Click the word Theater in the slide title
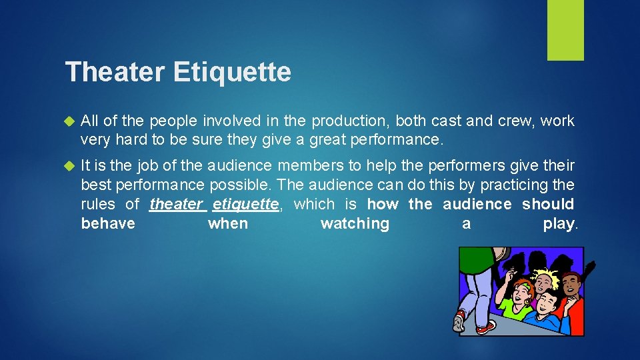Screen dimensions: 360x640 click(x=116, y=72)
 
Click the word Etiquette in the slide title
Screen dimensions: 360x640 click(x=232, y=72)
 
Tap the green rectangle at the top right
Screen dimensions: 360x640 click(x=565, y=30)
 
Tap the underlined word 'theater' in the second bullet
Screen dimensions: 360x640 click(x=175, y=205)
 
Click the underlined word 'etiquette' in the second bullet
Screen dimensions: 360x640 click(x=245, y=205)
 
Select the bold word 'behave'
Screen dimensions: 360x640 click(x=108, y=224)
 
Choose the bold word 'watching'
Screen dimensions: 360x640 click(x=355, y=224)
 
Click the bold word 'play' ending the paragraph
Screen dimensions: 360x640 click(x=558, y=224)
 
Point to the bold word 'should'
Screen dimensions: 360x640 click(x=547, y=205)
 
